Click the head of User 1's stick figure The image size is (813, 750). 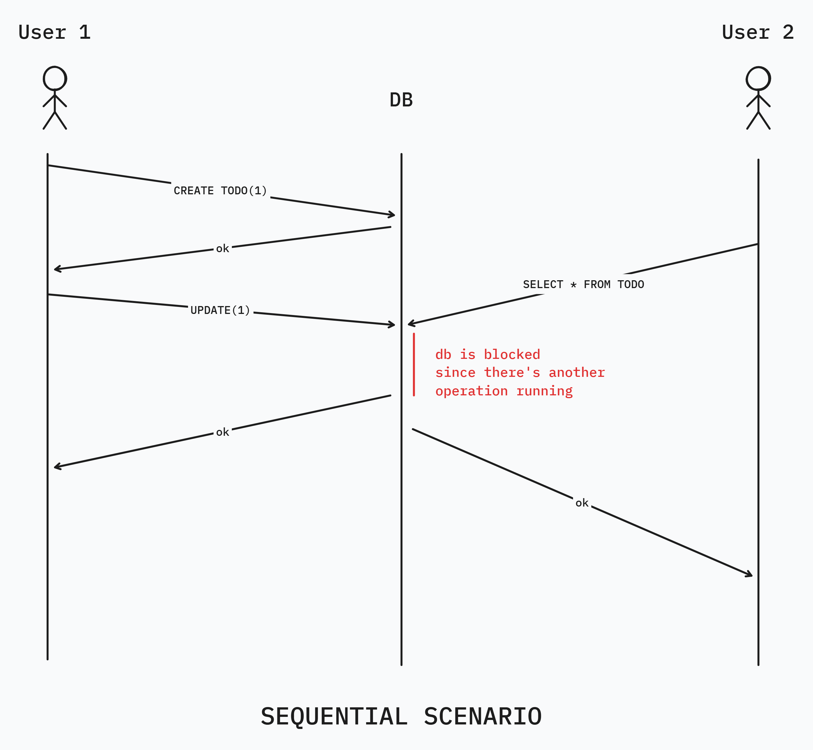[x=55, y=78]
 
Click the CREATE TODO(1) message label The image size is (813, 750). [x=220, y=190]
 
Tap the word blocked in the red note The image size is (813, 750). [x=512, y=354]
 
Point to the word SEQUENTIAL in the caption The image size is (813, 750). [x=334, y=716]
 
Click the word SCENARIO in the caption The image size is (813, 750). [x=483, y=716]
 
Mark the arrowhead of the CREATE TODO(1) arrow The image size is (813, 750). [x=393, y=215]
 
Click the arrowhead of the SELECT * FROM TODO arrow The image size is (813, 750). [x=411, y=323]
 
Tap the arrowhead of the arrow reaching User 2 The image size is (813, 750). [x=750, y=575]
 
